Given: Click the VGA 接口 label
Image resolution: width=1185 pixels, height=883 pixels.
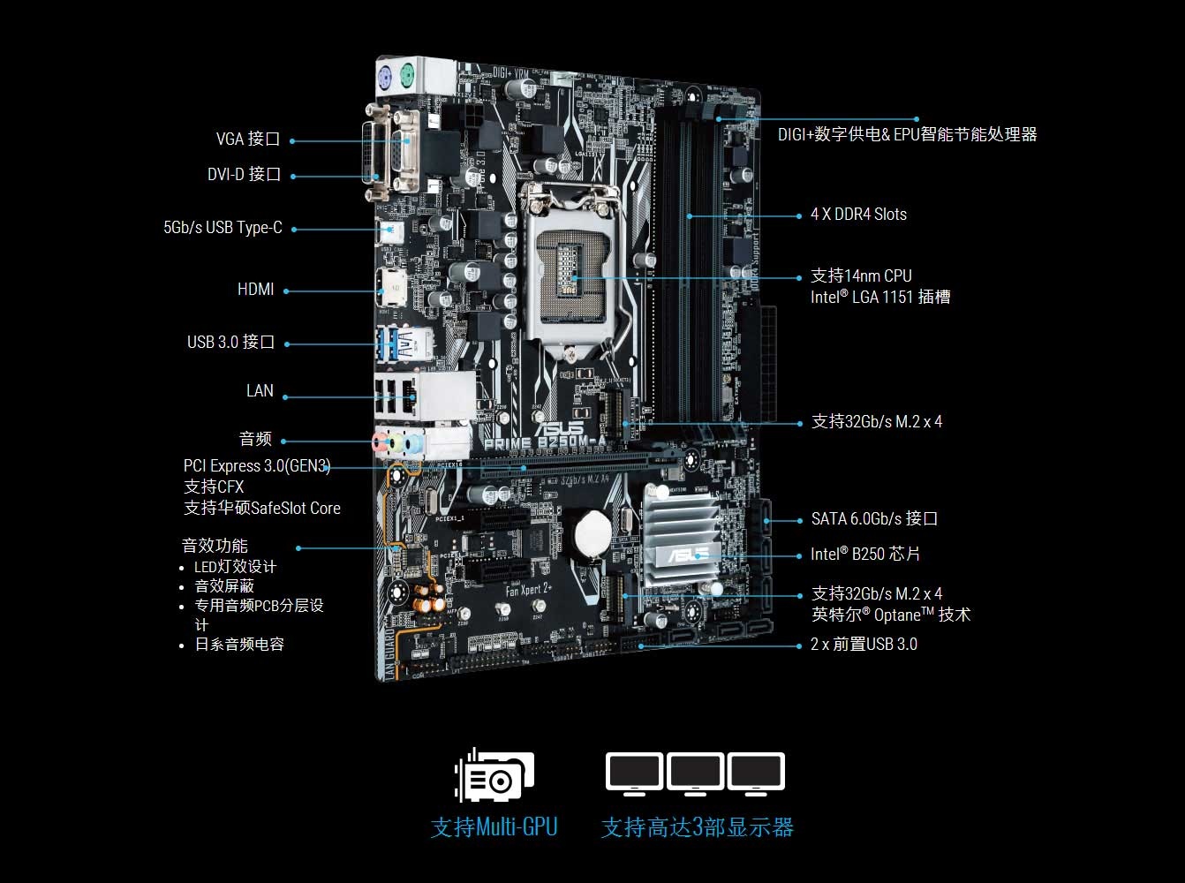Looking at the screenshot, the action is point(248,139).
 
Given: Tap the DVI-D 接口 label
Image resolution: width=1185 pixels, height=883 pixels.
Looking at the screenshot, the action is point(245,174).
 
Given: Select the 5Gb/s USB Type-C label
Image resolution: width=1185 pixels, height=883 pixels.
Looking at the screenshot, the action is point(223,228).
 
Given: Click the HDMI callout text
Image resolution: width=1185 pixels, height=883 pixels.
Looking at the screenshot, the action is point(255,290).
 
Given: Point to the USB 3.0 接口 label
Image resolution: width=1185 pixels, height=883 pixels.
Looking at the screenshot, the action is point(230,342).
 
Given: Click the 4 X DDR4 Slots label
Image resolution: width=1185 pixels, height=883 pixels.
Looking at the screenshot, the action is point(858,215).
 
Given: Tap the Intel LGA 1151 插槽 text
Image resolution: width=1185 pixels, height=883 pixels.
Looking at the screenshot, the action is point(880,298).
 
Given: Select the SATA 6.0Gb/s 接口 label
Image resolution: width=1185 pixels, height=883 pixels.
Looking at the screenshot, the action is point(874,518).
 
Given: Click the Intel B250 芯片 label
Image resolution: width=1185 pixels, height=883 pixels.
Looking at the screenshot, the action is point(865,554).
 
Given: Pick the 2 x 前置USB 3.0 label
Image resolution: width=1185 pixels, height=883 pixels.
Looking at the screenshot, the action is point(864,644).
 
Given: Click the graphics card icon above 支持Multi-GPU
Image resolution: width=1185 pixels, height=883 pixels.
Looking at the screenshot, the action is point(494,775).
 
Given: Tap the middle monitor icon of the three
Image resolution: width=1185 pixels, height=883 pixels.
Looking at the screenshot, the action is point(695,774).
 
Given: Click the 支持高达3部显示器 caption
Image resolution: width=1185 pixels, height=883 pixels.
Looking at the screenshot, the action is point(698,827).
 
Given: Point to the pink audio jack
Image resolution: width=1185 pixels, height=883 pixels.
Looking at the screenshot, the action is point(380,442).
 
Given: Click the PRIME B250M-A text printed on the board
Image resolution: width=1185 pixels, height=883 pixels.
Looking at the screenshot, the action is point(545,443).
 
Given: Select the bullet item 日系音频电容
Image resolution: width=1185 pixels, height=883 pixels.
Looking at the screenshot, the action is point(239,644).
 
